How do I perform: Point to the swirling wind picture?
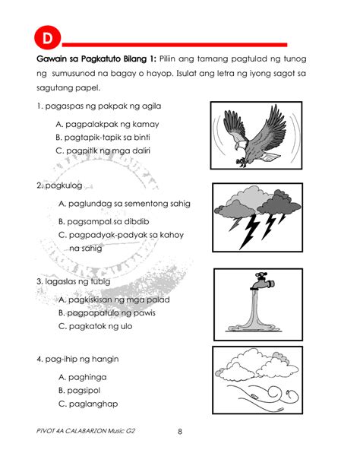click(257, 380)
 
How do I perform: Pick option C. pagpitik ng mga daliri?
click(105, 151)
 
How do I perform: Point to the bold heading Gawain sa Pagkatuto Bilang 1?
click(96, 59)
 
